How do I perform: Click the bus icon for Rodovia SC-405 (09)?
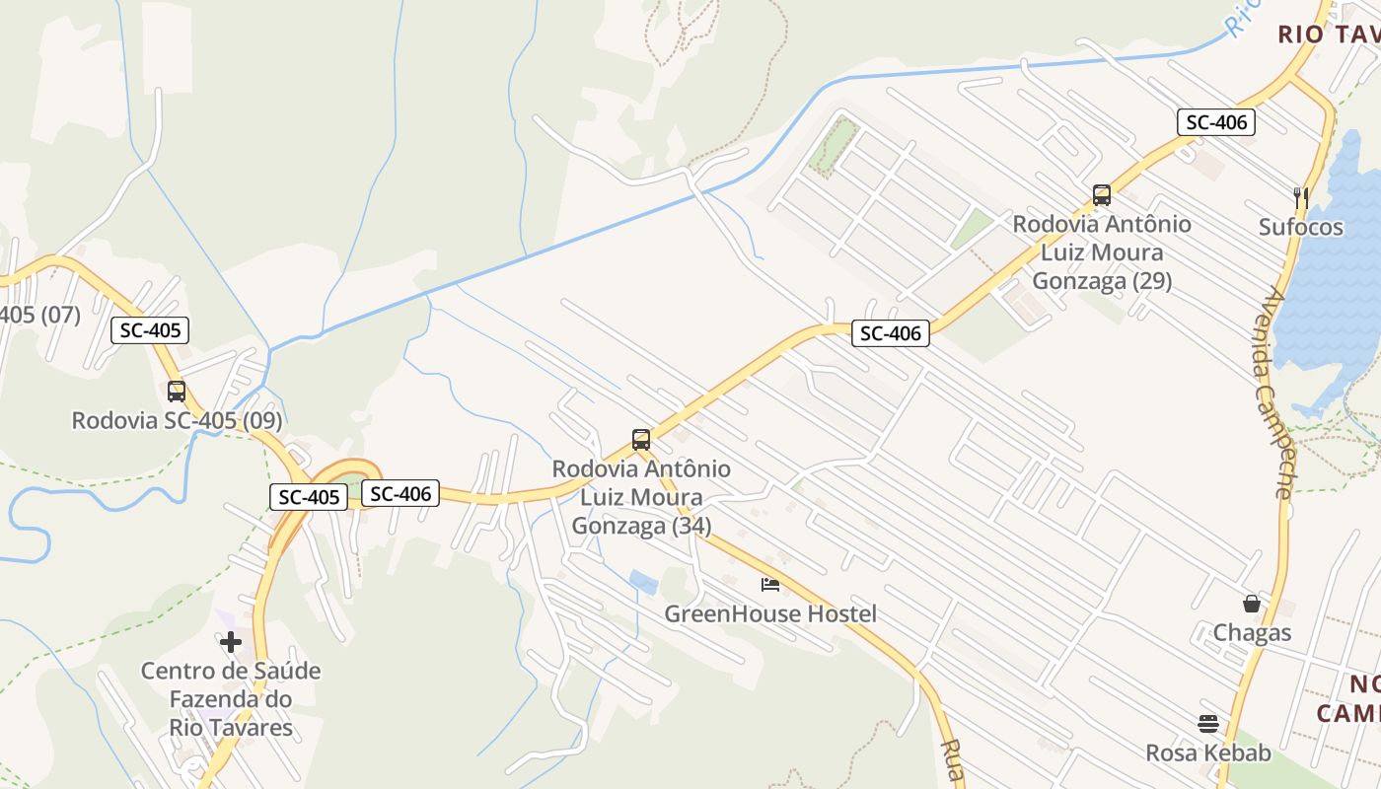[177, 392]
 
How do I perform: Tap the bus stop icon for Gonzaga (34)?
[641, 440]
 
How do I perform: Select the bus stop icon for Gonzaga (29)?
[1102, 195]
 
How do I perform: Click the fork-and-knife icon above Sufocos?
[1301, 198]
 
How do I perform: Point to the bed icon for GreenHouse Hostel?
[770, 585]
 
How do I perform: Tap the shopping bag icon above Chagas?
[1252, 603]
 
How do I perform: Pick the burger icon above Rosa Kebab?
[1208, 724]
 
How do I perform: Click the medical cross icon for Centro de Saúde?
[231, 643]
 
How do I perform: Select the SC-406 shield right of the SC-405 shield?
[400, 493]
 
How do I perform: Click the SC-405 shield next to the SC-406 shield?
[309, 497]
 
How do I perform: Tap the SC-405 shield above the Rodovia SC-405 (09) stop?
[149, 330]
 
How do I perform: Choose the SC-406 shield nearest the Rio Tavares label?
[1216, 122]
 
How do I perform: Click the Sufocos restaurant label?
[1301, 228]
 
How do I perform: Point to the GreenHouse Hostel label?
[770, 614]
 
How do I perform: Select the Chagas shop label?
[1252, 632]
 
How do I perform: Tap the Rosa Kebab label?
[1208, 753]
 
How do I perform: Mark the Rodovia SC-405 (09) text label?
[177, 421]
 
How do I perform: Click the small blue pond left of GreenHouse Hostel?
[643, 583]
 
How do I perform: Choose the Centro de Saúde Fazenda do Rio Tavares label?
[231, 699]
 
